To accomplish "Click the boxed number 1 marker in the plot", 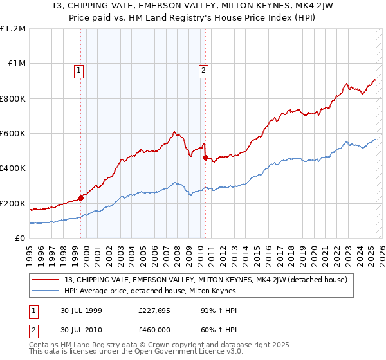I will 78,71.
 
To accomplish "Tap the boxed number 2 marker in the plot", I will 203,71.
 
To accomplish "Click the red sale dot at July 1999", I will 81,198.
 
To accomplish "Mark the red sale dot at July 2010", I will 205,157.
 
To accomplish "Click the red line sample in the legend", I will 46,280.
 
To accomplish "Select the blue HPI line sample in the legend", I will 46,291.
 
